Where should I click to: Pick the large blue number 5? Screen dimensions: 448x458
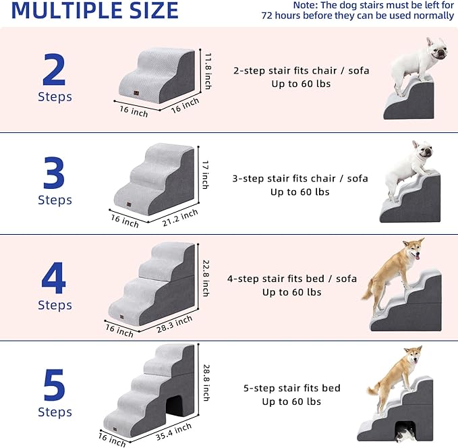54,385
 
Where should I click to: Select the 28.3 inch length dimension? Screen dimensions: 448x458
174,323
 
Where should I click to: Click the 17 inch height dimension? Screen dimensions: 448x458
205,174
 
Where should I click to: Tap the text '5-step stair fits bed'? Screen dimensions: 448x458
291,388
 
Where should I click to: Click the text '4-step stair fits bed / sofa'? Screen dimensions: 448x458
291,278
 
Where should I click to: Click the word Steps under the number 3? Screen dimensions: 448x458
55,200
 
